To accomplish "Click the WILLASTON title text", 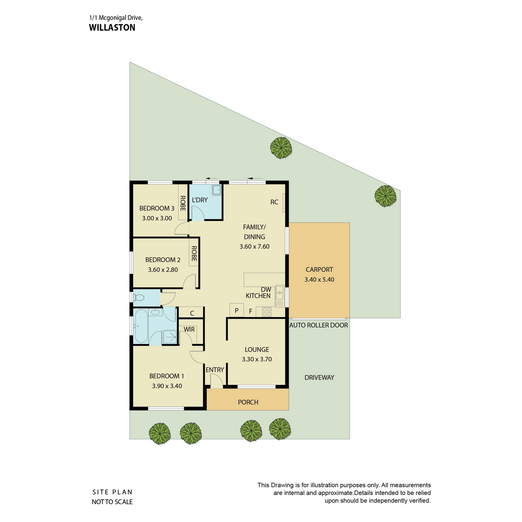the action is pyautogui.click(x=112, y=28).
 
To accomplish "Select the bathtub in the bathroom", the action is pyautogui.click(x=141, y=326).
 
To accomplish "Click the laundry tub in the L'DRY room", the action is pyautogui.click(x=217, y=190).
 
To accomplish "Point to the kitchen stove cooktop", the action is pyautogui.click(x=267, y=311).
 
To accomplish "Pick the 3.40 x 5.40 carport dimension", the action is pyautogui.click(x=319, y=280).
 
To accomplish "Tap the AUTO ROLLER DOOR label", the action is pyautogui.click(x=318, y=325).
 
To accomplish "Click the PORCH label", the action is pyautogui.click(x=248, y=402).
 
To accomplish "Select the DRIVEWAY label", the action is pyautogui.click(x=319, y=377).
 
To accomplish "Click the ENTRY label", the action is pyautogui.click(x=214, y=370).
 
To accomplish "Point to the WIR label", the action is pyautogui.click(x=189, y=329).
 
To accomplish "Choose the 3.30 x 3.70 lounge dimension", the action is pyautogui.click(x=257, y=359).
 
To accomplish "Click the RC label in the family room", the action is pyautogui.click(x=274, y=202).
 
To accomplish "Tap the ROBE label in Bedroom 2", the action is pyautogui.click(x=194, y=254).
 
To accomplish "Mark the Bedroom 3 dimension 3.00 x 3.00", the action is pyautogui.click(x=157, y=218).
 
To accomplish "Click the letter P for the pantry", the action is pyautogui.click(x=237, y=311).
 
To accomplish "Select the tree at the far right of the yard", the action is pyautogui.click(x=385, y=196).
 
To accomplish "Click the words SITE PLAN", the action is pyautogui.click(x=112, y=492).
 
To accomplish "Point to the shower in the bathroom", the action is pyautogui.click(x=170, y=337).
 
